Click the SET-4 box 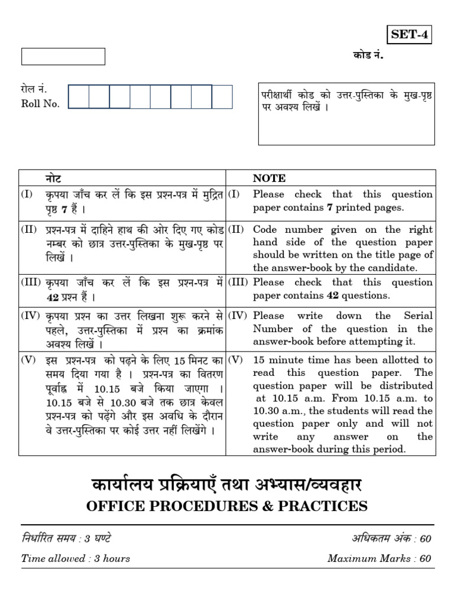point(408,35)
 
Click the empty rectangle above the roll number point(63,57)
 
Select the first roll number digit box point(79,97)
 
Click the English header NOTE point(269,178)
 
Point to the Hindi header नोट point(53,178)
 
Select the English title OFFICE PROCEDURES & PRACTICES point(227,506)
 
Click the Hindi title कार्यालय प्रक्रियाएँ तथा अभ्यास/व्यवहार point(227,485)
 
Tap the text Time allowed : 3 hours point(76,558)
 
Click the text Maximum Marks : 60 point(379,558)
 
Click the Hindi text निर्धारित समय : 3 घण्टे point(66,538)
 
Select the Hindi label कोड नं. point(365,56)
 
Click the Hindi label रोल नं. point(33,90)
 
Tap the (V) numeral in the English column point(236,360)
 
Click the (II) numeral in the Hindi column point(30,229)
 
